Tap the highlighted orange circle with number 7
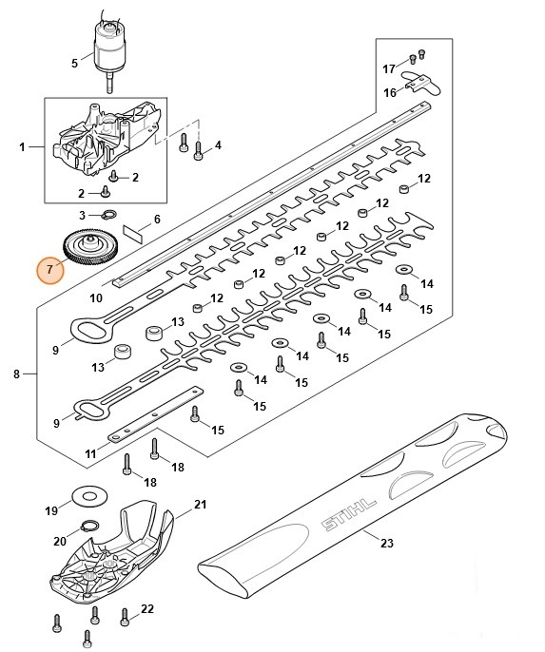point(50,271)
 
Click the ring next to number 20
point(88,527)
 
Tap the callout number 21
point(200,504)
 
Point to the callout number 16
point(388,92)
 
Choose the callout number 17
point(388,68)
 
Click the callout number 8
point(17,375)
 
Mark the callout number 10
point(95,297)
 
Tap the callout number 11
point(90,454)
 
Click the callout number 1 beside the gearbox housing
point(22,148)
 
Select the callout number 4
point(218,145)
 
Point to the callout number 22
point(147,608)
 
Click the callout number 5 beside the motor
point(75,64)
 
